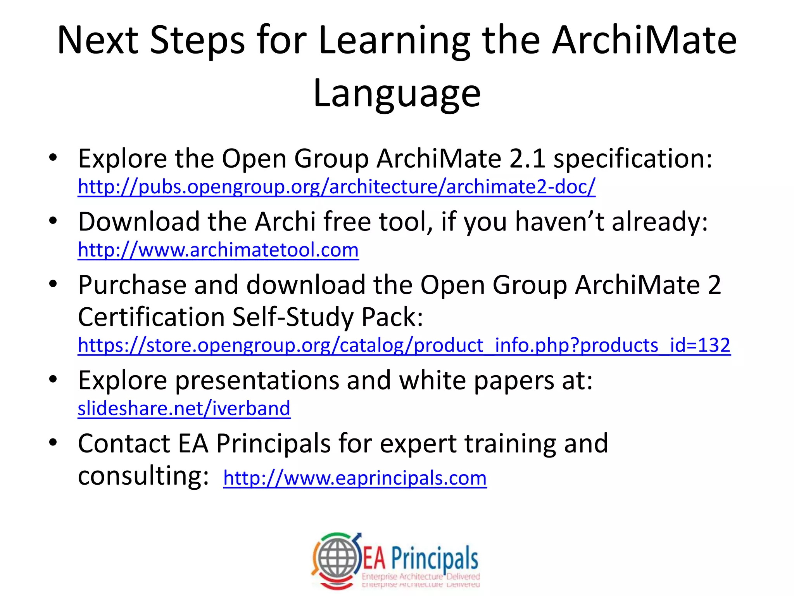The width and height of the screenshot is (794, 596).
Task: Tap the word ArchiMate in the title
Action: pyautogui.click(x=644, y=40)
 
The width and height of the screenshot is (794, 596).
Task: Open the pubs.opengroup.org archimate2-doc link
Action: pyautogui.click(x=336, y=187)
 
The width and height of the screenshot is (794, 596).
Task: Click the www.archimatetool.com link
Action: pyautogui.click(x=218, y=250)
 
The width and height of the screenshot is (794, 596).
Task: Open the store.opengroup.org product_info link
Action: pyautogui.click(x=404, y=345)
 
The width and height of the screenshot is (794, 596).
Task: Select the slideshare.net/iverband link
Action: pyautogui.click(x=184, y=409)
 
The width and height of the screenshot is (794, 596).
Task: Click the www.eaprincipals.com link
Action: pyautogui.click(x=354, y=478)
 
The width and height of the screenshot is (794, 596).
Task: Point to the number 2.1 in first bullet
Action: pyautogui.click(x=528, y=159)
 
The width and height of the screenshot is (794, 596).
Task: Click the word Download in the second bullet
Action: pyautogui.click(x=139, y=222)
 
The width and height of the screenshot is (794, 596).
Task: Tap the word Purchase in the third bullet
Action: pyautogui.click(x=132, y=285)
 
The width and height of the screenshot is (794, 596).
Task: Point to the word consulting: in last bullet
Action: pyautogui.click(x=143, y=476)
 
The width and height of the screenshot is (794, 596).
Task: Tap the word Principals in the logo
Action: pyautogui.click(x=434, y=559)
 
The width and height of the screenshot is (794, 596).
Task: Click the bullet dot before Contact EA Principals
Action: pyautogui.click(x=53, y=442)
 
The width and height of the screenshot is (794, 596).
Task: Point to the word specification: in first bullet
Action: pyautogui.click(x=632, y=159)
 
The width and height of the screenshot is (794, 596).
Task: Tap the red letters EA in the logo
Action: pyautogui.click(x=374, y=559)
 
